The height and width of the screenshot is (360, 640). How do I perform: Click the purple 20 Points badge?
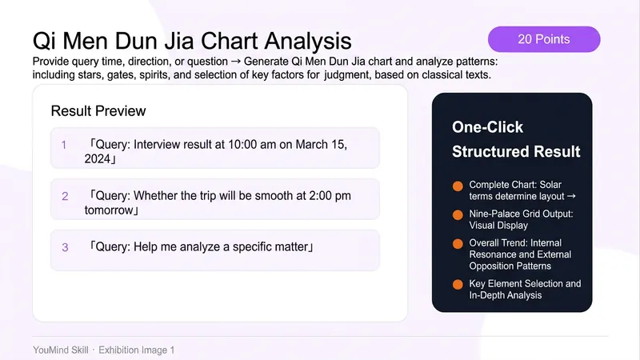click(544, 39)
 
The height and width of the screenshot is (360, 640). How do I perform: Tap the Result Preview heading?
click(98, 111)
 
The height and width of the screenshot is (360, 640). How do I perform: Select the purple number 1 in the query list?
click(64, 145)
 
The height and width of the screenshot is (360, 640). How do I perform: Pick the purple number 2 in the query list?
click(65, 196)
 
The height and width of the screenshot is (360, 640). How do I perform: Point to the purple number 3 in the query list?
click(65, 247)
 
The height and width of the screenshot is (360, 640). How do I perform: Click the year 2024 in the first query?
click(98, 158)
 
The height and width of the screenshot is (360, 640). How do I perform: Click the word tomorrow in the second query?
click(109, 210)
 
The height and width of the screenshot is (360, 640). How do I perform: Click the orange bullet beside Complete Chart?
click(458, 186)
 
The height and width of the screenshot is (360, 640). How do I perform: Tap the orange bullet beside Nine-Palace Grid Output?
click(458, 214)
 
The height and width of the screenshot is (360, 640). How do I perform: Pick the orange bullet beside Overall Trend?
click(458, 244)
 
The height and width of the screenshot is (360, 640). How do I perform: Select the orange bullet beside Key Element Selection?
click(458, 284)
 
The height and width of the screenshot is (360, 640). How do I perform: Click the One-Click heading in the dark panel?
click(487, 127)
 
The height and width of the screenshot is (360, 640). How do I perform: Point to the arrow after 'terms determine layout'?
click(571, 196)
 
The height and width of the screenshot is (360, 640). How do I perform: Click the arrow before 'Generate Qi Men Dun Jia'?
click(235, 62)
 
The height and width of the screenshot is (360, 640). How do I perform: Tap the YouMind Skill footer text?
click(61, 350)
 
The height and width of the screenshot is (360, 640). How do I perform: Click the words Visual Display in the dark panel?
click(498, 226)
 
